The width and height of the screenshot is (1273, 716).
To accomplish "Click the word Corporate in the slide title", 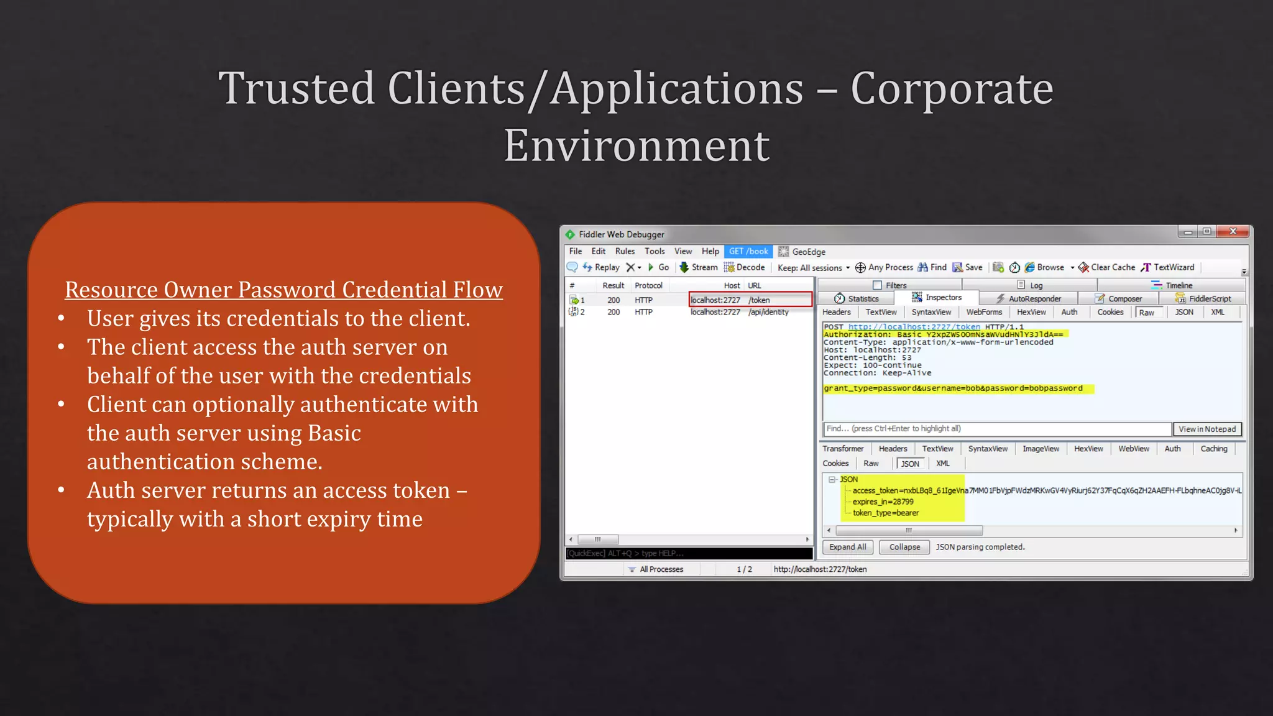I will (x=951, y=89).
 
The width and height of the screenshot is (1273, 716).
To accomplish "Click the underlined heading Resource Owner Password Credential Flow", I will (x=283, y=290).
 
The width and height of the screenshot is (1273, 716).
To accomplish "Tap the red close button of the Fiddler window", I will (x=1233, y=232).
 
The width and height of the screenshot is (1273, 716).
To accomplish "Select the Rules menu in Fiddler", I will (x=625, y=252).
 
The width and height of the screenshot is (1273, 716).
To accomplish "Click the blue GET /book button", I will (x=748, y=252).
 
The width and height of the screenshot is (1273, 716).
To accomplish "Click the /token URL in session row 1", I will (x=759, y=300).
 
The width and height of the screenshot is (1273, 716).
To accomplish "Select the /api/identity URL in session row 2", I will (x=768, y=312).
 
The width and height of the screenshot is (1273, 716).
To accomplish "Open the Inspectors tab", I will (x=942, y=298).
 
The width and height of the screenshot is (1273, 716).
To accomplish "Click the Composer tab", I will (x=1124, y=299).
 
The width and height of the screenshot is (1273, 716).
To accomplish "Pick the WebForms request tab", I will (x=984, y=312).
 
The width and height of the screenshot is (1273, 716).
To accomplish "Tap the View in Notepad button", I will (x=1206, y=429).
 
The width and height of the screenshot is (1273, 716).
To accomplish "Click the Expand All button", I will (x=847, y=547).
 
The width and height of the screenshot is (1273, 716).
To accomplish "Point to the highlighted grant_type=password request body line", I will (x=953, y=388).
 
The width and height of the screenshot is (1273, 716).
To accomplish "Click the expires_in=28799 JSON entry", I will (x=883, y=502).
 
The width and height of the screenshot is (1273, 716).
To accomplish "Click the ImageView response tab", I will (x=1041, y=449).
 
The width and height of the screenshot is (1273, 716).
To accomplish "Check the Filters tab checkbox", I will (x=877, y=285).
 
